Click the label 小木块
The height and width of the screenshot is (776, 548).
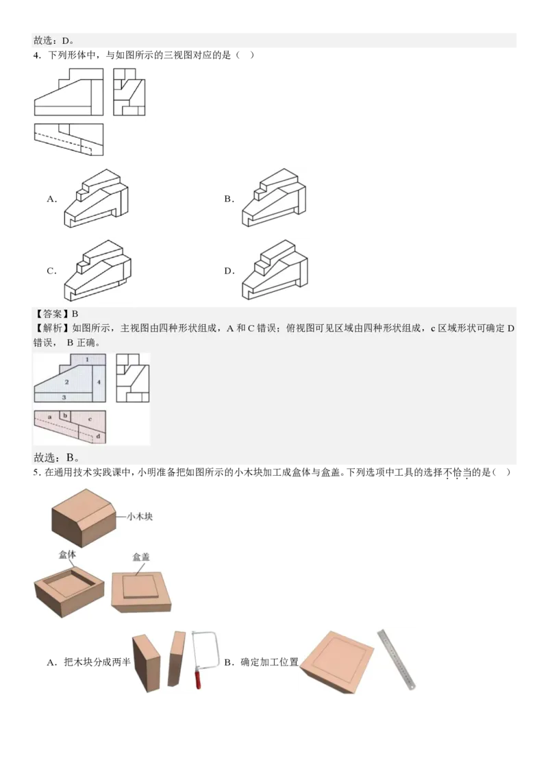click(x=139, y=516)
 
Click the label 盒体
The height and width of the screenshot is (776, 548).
click(x=66, y=555)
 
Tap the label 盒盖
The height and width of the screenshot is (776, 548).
click(x=141, y=557)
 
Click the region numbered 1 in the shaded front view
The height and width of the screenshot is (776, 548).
click(x=87, y=359)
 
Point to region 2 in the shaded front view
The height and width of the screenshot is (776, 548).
click(x=66, y=381)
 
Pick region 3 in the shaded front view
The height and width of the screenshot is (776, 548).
click(x=64, y=397)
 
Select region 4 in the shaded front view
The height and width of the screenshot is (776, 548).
click(x=99, y=381)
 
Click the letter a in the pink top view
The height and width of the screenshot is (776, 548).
click(x=50, y=416)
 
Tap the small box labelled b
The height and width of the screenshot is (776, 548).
click(x=65, y=415)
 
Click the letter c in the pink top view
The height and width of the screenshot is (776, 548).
click(x=90, y=417)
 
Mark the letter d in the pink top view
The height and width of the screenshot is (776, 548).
click(x=98, y=435)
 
